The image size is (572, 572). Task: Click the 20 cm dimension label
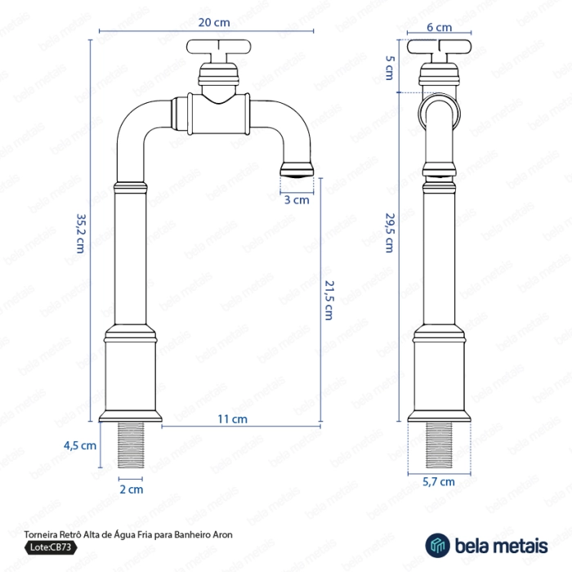click(x=205, y=21)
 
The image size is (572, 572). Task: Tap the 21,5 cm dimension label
click(x=328, y=300)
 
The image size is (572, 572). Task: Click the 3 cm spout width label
click(x=297, y=199)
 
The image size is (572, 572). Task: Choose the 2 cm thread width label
click(x=132, y=489)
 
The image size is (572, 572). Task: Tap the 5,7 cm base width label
click(x=439, y=482)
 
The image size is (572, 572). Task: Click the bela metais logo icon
click(x=437, y=543)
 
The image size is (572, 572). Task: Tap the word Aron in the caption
click(x=223, y=534)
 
